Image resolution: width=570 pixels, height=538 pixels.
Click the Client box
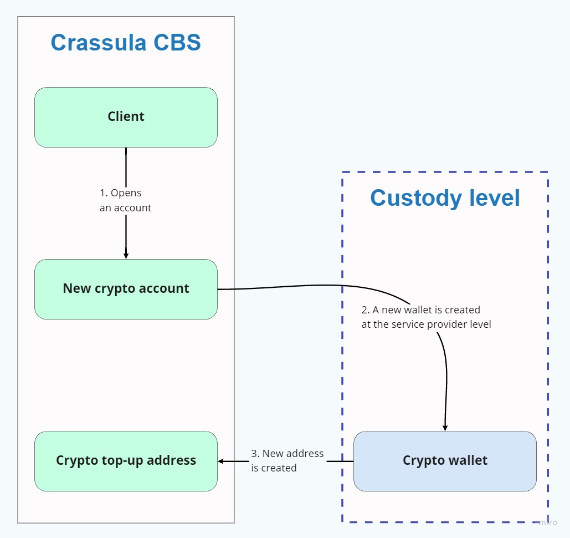point(126,117)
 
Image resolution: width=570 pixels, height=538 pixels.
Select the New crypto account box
point(126,289)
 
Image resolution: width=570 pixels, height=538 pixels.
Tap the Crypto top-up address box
point(126,461)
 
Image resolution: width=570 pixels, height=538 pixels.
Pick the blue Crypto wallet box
point(445,461)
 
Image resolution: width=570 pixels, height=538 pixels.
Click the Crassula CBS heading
point(126,43)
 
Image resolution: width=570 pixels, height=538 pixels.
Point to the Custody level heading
point(445,198)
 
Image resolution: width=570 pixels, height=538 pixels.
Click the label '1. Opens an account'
point(125,200)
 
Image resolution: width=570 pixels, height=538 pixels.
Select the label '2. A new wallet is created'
point(425,317)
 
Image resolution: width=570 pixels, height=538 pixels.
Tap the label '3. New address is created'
point(287,460)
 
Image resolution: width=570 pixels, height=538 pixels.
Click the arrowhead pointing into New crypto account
point(126,256)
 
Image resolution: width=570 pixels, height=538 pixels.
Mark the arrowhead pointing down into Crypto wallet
point(445,428)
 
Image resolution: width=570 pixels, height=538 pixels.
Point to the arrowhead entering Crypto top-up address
point(221,461)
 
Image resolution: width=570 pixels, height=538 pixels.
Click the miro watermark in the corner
point(548,522)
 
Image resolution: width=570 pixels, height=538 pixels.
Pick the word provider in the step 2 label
point(447,324)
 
